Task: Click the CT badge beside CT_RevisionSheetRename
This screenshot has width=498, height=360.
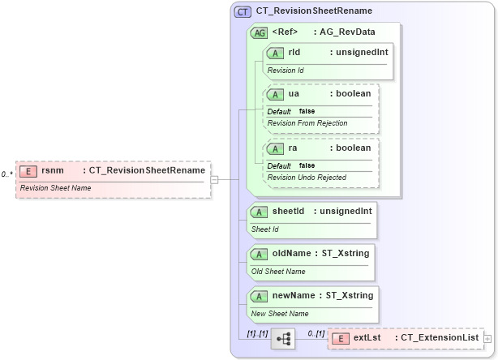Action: pyautogui.click(x=243, y=11)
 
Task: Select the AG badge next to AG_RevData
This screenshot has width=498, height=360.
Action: pyautogui.click(x=260, y=32)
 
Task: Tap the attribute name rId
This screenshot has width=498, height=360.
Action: pyautogui.click(x=294, y=53)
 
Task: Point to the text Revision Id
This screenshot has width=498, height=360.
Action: pyautogui.click(x=285, y=71)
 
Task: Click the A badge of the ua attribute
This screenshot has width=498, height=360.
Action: pyautogui.click(x=276, y=94)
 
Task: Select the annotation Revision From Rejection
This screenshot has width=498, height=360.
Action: pyautogui.click(x=307, y=123)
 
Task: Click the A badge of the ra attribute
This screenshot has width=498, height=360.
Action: pyautogui.click(x=276, y=148)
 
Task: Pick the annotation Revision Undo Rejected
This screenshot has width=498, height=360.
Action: pyautogui.click(x=307, y=178)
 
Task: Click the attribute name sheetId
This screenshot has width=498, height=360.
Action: pyautogui.click(x=288, y=212)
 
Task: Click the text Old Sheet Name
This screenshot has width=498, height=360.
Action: pyautogui.click(x=278, y=272)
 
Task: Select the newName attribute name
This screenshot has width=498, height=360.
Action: pyautogui.click(x=294, y=296)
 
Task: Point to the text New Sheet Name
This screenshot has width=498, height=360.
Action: pyautogui.click(x=280, y=314)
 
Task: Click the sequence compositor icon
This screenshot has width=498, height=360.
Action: pyautogui.click(x=284, y=339)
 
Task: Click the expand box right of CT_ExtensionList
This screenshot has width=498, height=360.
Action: pyautogui.click(x=487, y=338)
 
